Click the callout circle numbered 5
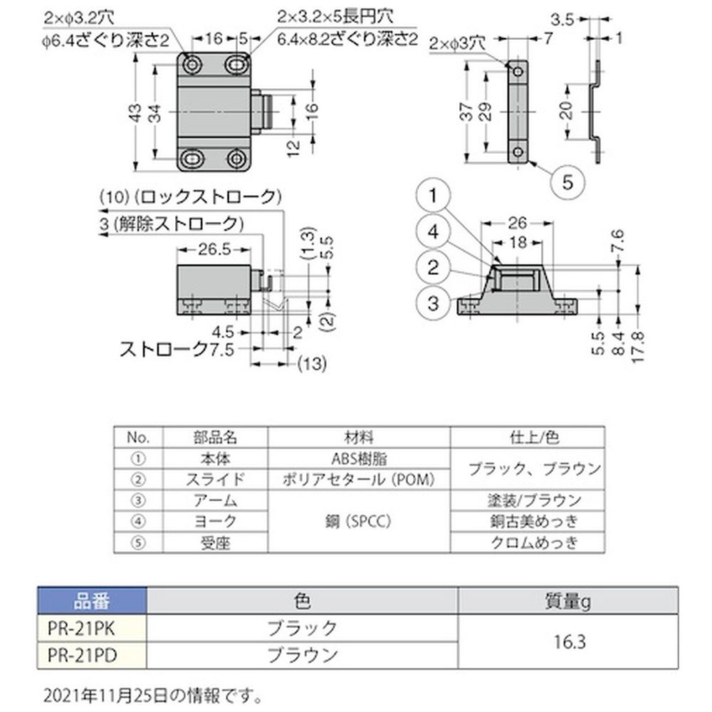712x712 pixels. point(567,182)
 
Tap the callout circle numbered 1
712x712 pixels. point(433,196)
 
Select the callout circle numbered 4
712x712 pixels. point(433,231)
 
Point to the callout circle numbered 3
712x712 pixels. point(433,303)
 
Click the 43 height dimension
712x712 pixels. point(135,112)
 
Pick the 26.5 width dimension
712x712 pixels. point(214,249)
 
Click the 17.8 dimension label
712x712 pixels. point(638,347)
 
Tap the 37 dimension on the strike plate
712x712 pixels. point(467,112)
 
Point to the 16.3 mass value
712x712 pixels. point(569,642)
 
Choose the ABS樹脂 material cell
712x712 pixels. point(359,459)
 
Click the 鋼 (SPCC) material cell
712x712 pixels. point(359,521)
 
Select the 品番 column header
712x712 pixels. point(92,601)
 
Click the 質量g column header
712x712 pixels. point(567,601)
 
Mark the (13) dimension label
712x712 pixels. point(312,363)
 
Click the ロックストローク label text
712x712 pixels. point(209,197)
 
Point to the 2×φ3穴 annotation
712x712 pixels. point(457,43)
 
